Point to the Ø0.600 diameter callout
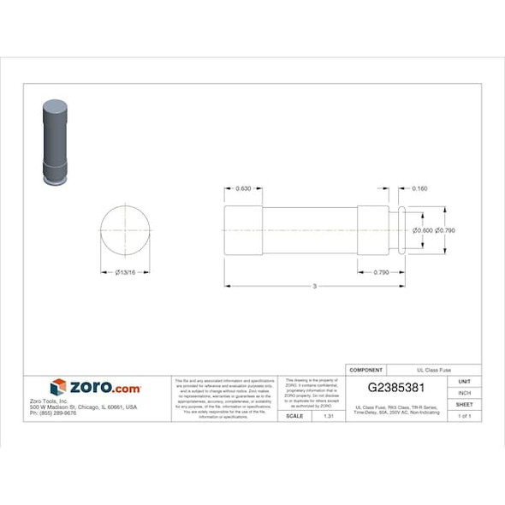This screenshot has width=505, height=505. coord(422,229)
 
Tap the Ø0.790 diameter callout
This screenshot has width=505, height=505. coord(444,229)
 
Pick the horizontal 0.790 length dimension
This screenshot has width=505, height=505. coord(381,272)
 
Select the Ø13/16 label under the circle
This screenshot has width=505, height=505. coord(126,272)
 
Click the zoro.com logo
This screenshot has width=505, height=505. coord(95,388)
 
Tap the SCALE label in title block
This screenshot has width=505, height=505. coord(294,415)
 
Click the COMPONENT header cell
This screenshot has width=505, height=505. coord(367,370)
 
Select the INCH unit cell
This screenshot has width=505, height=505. coord(464,393)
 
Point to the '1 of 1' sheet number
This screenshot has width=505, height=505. coord(464,415)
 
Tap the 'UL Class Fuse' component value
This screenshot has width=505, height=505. coord(432,370)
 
